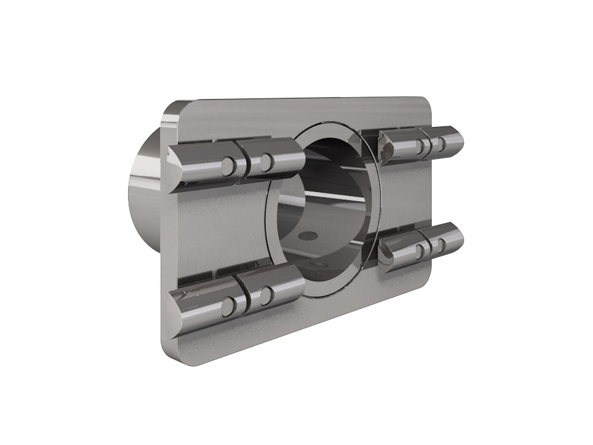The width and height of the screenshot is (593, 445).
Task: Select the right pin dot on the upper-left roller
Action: [266, 159]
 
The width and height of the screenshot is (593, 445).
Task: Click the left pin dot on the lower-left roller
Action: [227, 306]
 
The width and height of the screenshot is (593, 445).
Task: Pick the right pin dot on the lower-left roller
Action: [266, 293]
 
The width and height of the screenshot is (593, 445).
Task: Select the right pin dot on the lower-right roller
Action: [442, 243]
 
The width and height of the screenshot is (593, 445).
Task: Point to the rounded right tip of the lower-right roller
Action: [460, 237]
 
